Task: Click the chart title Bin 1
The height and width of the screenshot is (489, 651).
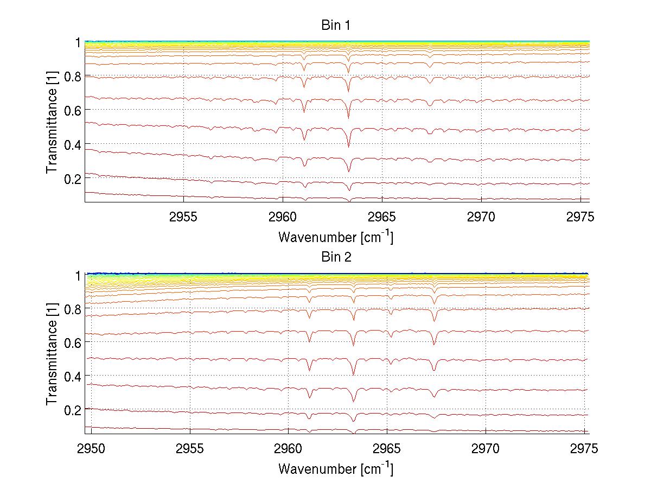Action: pyautogui.click(x=336, y=26)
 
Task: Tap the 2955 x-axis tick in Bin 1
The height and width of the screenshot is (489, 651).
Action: pyautogui.click(x=183, y=217)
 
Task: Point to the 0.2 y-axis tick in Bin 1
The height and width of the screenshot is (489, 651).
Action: pyautogui.click(x=71, y=179)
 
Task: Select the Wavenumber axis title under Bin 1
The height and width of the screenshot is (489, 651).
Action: pyautogui.click(x=335, y=237)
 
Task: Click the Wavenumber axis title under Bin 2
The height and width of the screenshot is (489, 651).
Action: pyautogui.click(x=335, y=468)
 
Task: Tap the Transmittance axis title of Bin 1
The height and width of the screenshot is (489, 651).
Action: pyautogui.click(x=52, y=122)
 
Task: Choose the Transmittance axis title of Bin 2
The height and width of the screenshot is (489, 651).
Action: pyautogui.click(x=52, y=354)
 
